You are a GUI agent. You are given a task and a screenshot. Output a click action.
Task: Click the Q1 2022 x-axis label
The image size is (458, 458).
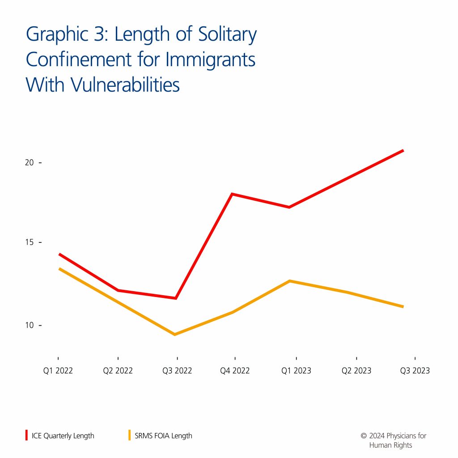pos(58,371)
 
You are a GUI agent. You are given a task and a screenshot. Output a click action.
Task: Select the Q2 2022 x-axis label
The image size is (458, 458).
pos(118,371)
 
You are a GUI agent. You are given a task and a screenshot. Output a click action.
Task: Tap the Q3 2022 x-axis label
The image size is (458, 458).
pos(177,371)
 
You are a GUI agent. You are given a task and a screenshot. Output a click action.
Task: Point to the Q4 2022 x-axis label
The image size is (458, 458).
pos(235,371)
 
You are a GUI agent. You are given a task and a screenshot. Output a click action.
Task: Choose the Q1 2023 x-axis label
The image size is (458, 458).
pos(296,371)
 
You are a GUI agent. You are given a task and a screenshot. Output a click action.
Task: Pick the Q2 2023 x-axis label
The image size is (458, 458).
pos(356,371)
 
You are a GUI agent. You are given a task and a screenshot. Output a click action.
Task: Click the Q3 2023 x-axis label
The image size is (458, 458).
pos(415,371)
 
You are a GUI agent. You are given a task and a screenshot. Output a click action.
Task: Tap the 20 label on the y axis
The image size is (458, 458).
pos(29,162)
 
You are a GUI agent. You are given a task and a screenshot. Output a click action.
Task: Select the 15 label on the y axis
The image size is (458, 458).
pos(29,242)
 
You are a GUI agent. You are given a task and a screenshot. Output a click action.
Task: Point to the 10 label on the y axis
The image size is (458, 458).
pos(29,325)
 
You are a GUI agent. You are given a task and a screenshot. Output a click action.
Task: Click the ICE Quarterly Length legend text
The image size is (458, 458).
pos(63,436)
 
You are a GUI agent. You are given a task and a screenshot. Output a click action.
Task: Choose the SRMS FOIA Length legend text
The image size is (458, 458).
pos(163,436)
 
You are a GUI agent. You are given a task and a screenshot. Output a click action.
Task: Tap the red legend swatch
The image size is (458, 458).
pos(27,435)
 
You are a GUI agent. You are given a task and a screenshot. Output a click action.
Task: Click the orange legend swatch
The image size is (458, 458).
pos(130,435)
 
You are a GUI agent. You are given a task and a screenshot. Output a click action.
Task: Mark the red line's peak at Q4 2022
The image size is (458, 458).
pos(232,194)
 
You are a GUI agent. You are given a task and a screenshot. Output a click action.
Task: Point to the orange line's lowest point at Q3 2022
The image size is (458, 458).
pos(175,334)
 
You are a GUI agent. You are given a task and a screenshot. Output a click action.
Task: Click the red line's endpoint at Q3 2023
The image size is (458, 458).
pos(403,150)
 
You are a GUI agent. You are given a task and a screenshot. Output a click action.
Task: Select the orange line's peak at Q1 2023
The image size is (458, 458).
pos(290,281)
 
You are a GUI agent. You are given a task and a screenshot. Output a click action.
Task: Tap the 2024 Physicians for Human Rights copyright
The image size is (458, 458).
pos(394,440)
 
